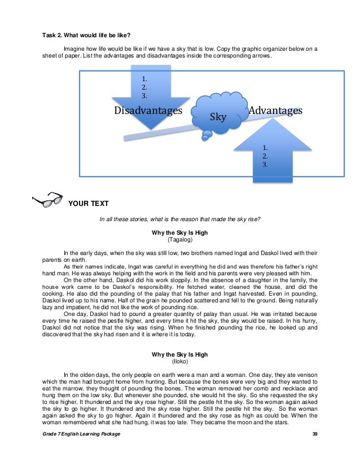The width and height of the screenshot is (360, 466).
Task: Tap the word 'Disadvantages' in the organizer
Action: [x=149, y=111]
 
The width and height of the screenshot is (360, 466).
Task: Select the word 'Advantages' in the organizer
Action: [x=276, y=111]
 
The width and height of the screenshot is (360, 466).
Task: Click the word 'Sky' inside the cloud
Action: [x=218, y=117]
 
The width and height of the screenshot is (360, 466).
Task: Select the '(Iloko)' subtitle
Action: [x=180, y=362]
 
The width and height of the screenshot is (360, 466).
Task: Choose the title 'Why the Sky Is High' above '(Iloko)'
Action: [x=180, y=355]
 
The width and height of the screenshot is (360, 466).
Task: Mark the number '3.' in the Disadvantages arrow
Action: [x=144, y=96]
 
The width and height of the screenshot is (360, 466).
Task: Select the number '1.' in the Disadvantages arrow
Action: [x=144, y=79]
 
